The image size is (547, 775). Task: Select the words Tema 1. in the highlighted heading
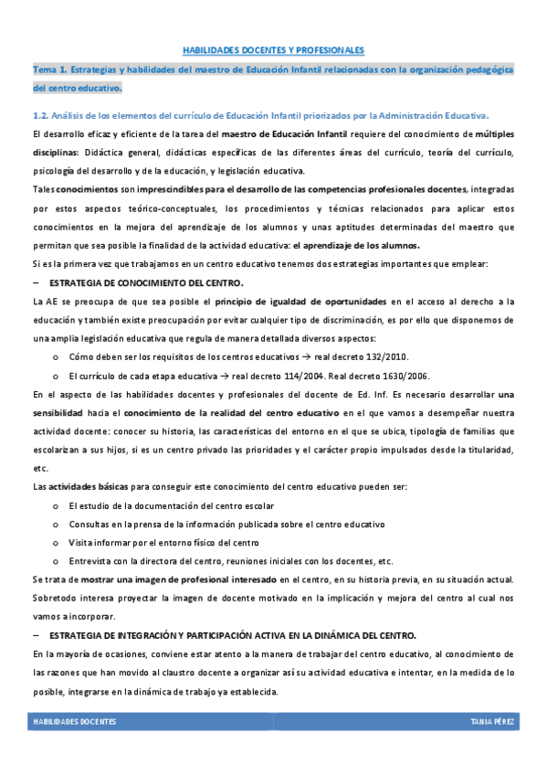coord(53,69)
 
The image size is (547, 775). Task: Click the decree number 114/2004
coord(299,376)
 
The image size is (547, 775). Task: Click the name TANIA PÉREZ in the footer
coord(494,722)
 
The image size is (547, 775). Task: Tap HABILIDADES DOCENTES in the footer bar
coord(75,722)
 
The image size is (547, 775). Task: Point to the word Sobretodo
coord(54,598)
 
